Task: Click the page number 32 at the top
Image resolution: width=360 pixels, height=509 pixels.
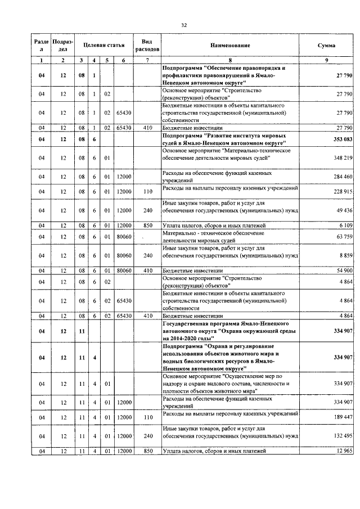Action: point(183,25)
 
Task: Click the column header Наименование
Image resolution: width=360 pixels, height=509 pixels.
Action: point(230,45)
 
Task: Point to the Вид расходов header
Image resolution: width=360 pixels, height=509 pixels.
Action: point(147,45)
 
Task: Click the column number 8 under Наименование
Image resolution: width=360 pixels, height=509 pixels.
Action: point(230,60)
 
